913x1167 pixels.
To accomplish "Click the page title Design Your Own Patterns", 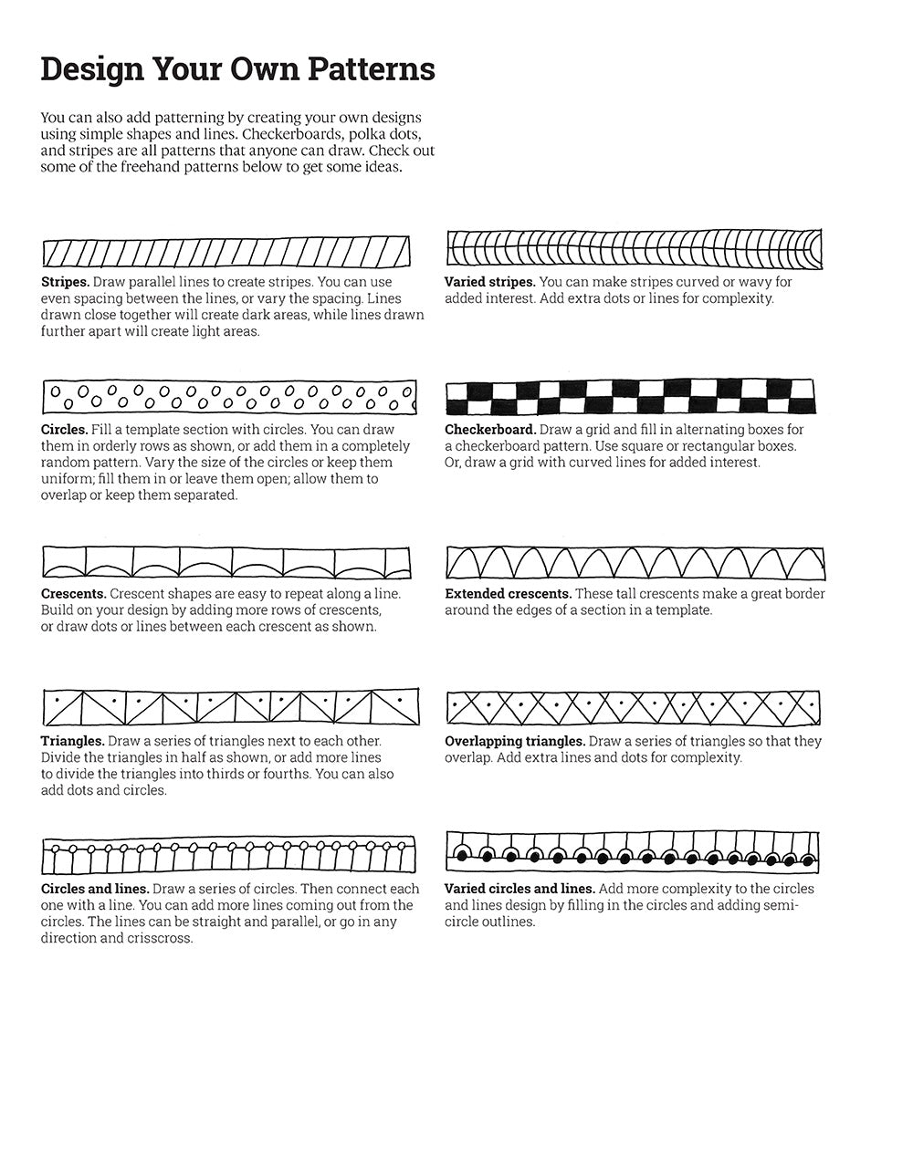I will coord(237,69).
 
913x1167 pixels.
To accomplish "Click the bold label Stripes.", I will coord(65,282).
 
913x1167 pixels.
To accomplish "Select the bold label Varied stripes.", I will coord(489,282).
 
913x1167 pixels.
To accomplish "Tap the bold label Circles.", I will coord(64,429).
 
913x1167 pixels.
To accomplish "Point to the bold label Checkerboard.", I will coord(490,429).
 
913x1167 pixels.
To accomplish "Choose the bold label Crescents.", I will coord(73,593).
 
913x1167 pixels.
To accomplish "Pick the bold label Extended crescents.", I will coord(508,593).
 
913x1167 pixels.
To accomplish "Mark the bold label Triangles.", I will coord(72,741).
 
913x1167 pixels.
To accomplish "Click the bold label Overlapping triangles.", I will coord(515,741).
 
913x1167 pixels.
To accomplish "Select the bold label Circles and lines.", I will coord(95,889).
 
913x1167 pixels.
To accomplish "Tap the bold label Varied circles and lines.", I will coord(519,889).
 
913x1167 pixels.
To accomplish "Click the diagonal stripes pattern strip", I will coord(226,252).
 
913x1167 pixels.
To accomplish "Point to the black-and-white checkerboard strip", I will coord(631,397).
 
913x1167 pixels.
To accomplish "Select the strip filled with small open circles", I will coord(228,397).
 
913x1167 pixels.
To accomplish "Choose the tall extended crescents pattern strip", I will coord(635,563).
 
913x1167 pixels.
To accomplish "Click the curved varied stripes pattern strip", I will coord(635,248).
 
